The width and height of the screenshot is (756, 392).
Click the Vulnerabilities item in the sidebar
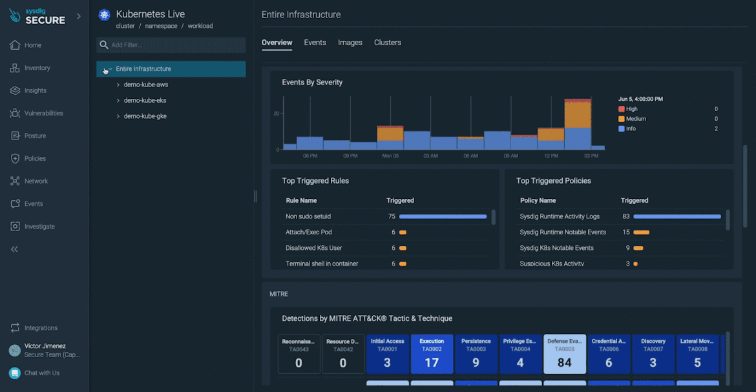pyautogui.click(x=43, y=113)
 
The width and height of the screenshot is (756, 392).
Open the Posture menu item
pyautogui.click(x=35, y=136)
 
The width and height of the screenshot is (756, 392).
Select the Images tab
pyautogui.click(x=350, y=43)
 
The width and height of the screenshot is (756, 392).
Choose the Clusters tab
pyautogui.click(x=387, y=43)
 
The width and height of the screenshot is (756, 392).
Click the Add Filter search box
pyautogui.click(x=171, y=45)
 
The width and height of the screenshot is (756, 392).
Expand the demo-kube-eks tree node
pyautogui.click(x=118, y=100)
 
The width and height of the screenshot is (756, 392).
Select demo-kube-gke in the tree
pyautogui.click(x=145, y=116)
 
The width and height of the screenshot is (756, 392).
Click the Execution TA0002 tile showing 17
pyautogui.click(x=432, y=354)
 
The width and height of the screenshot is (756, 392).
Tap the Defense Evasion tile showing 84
pyautogui.click(x=565, y=354)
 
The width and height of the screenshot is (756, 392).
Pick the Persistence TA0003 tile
pyautogui.click(x=476, y=354)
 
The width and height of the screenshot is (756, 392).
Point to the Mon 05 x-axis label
pyautogui.click(x=390, y=156)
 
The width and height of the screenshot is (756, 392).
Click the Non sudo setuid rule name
pyautogui.click(x=308, y=216)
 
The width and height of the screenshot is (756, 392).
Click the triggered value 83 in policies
pyautogui.click(x=625, y=216)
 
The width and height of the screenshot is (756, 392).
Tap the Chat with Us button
pyautogui.click(x=41, y=373)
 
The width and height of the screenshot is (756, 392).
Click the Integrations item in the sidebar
pyautogui.click(x=41, y=327)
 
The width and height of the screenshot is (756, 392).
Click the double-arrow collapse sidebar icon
pyautogui.click(x=14, y=249)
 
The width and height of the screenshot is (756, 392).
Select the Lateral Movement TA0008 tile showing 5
pyautogui.click(x=697, y=354)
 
